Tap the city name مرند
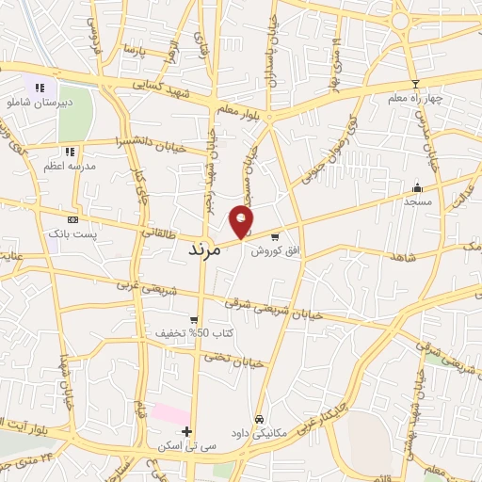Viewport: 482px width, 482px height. pyautogui.click(x=204, y=250)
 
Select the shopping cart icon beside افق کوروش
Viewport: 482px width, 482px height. pyautogui.click(x=275, y=237)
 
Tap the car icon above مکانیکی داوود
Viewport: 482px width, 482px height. pyautogui.click(x=258, y=420)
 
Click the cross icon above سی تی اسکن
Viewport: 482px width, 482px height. pyautogui.click(x=186, y=432)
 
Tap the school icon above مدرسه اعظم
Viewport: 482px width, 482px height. pyautogui.click(x=69, y=151)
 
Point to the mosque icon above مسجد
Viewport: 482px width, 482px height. pyautogui.click(x=417, y=186)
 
